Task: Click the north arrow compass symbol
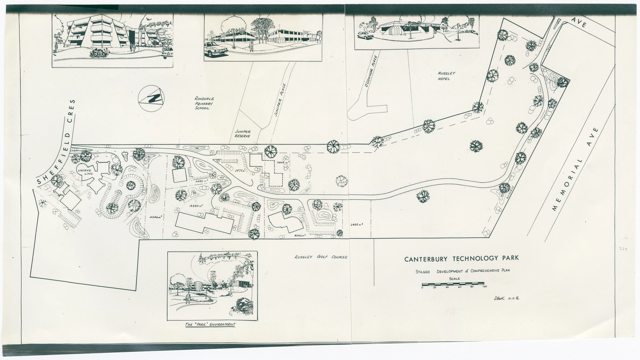151,98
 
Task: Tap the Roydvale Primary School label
202,103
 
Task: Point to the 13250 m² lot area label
196,206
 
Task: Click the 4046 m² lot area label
155,217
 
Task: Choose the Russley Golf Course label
321,257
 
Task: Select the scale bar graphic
453,284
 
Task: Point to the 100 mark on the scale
484,287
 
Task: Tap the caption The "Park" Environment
210,324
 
